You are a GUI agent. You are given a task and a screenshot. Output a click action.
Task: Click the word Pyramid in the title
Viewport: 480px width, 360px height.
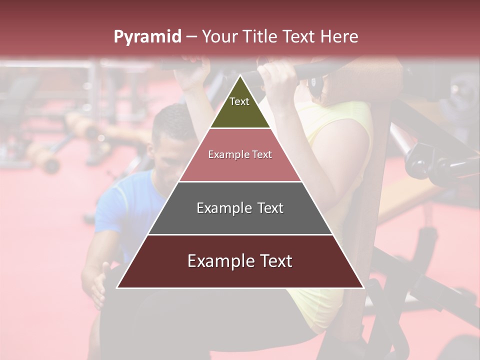coord(147,37)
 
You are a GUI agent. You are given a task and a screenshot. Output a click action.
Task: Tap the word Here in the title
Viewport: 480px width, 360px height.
coord(339,36)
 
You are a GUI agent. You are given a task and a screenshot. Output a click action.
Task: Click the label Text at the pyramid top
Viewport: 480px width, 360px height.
coord(239,101)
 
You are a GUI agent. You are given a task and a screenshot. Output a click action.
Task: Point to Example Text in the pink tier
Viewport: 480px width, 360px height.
coord(240,154)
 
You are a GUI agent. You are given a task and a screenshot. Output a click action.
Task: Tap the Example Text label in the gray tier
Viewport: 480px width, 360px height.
coord(240,208)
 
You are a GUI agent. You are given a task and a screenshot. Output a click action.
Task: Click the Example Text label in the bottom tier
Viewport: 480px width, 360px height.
coord(240,261)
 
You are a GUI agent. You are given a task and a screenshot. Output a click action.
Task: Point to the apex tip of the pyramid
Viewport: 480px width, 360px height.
coord(240,75)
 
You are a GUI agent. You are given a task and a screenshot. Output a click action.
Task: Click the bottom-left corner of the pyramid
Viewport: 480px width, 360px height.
coord(117,287)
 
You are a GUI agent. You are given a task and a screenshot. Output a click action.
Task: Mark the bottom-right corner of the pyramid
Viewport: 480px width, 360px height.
coord(363,287)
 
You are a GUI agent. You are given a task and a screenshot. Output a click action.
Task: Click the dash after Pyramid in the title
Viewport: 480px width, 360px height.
coord(191,37)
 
